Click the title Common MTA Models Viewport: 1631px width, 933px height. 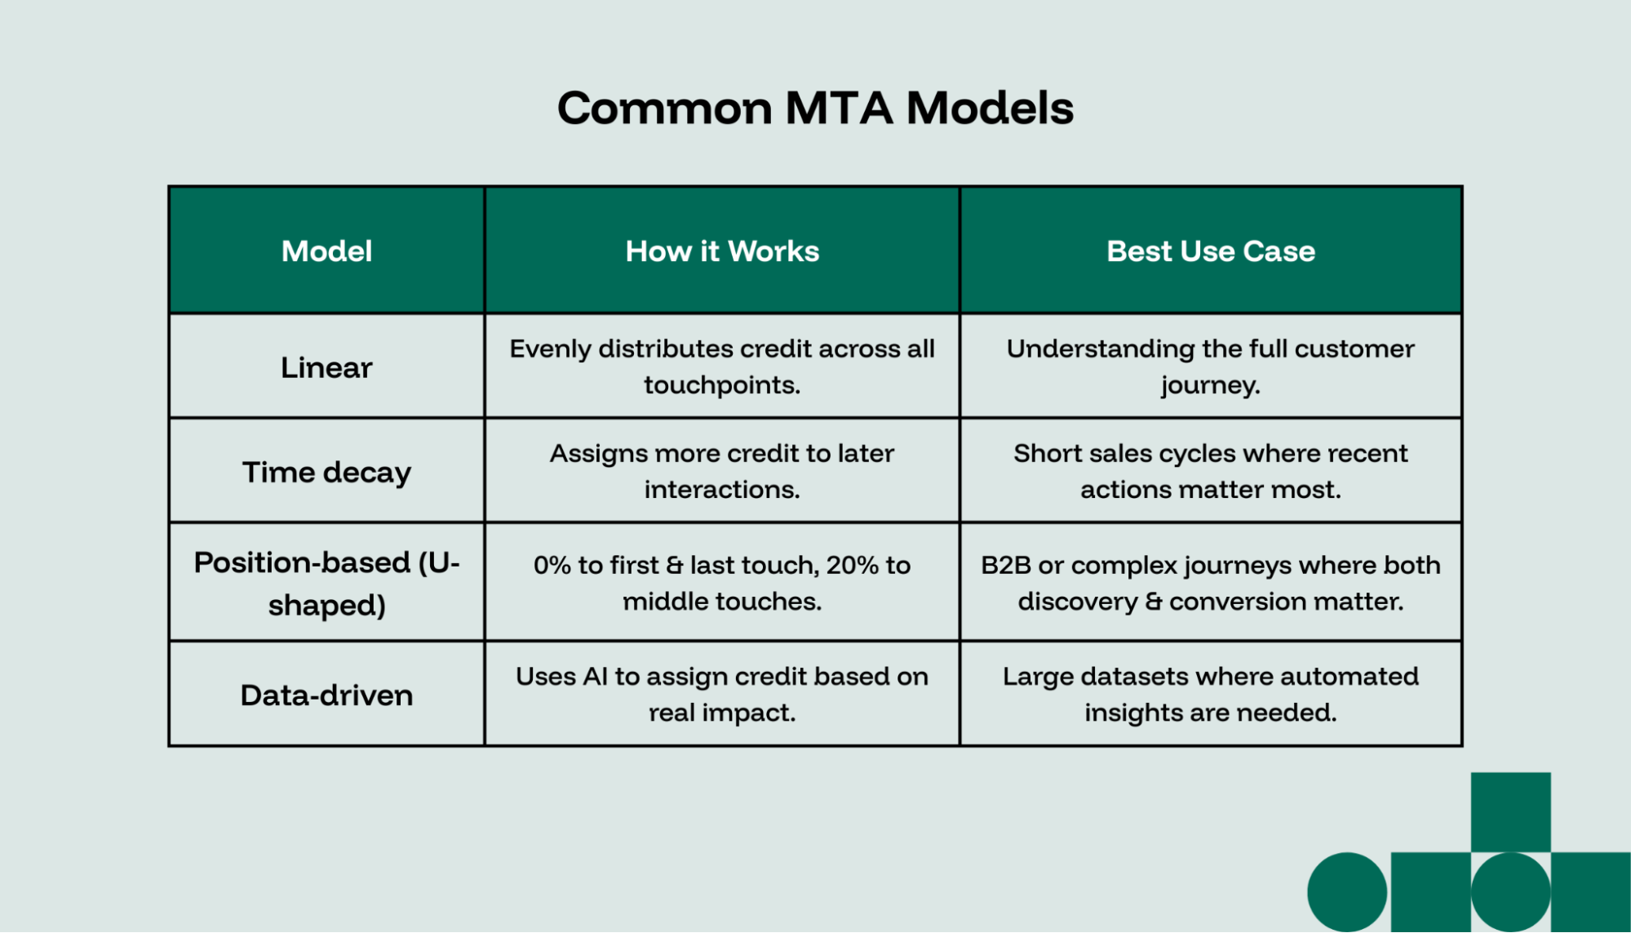coord(815,108)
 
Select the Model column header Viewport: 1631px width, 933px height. coord(326,251)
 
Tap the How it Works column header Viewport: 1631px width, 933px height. coord(722,251)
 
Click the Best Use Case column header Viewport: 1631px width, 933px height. coord(1210,251)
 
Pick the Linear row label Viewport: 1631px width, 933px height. coord(326,368)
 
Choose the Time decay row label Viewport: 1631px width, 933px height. coord(326,473)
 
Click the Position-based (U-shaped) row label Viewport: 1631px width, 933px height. coord(326,583)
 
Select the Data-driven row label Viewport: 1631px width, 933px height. coord(326,695)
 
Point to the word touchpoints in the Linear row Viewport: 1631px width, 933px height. coord(720,385)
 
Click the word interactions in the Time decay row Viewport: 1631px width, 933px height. coord(720,490)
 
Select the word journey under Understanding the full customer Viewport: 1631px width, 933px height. coord(1209,385)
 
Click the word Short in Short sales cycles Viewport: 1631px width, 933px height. coord(1041,454)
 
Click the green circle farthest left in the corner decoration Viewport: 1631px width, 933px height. coord(1347,891)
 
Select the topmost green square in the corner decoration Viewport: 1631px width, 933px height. coord(1510,811)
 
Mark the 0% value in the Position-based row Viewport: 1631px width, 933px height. coord(552,565)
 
